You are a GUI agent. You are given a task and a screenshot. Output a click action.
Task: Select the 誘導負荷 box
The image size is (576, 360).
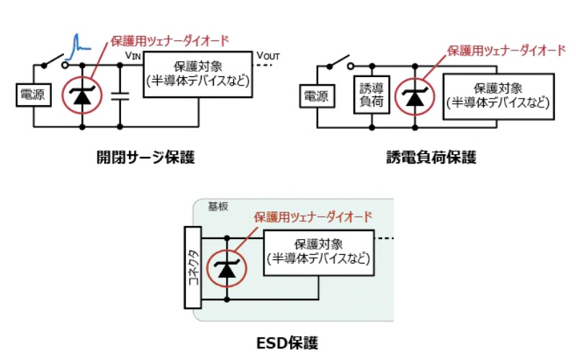pos(372,95)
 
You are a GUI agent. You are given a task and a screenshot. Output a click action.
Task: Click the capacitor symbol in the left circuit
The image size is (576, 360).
pos(120,95)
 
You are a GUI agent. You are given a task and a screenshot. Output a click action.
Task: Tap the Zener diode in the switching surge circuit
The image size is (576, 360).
pos(83,95)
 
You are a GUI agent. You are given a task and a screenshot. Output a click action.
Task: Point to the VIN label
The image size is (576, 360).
pos(132,55)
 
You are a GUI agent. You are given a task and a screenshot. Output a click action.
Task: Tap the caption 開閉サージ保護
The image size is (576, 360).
pos(147,156)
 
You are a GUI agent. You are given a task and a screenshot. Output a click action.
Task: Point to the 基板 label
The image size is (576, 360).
pos(217,206)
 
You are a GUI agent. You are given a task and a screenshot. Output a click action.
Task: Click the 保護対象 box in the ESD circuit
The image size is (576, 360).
pos(318,250)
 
